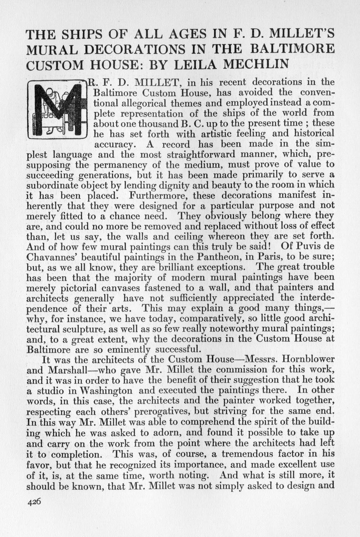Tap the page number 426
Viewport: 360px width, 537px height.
tap(34, 502)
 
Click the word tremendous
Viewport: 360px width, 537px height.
tap(260, 454)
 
